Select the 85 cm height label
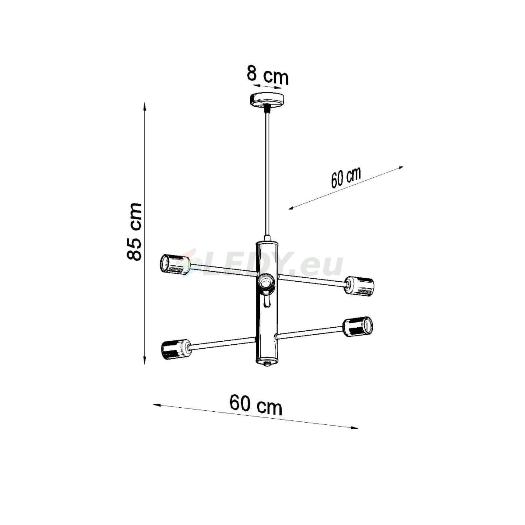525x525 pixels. click(134, 231)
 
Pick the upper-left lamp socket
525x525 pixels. click(175, 264)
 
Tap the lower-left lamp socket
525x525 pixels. click(176, 350)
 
